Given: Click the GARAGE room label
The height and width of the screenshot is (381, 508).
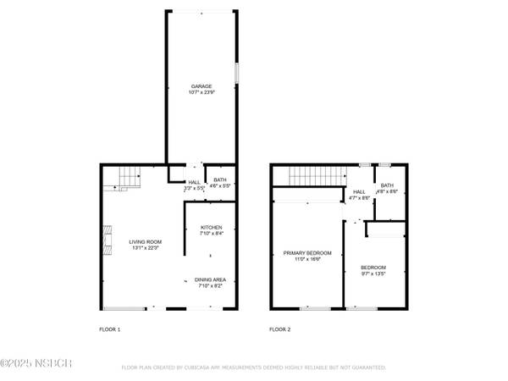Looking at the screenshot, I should click(x=201, y=86).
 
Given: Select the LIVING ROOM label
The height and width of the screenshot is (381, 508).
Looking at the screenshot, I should click(x=145, y=242).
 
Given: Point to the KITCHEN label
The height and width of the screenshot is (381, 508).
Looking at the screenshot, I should click(x=211, y=228).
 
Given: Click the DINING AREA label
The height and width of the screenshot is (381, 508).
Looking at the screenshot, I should click(x=211, y=279).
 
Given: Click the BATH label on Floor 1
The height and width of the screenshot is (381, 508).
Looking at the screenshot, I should click(x=219, y=179).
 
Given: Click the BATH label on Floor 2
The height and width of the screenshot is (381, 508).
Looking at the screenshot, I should click(x=387, y=185).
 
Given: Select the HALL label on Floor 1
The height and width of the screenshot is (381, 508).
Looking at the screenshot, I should click(x=194, y=182).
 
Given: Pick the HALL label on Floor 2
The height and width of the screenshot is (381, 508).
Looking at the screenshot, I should click(x=359, y=192).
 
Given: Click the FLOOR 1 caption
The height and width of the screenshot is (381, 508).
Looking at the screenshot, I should click(x=110, y=329).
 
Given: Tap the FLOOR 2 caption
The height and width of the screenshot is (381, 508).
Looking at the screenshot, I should click(x=280, y=329).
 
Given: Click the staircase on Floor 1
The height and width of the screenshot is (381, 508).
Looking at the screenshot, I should click(x=126, y=179).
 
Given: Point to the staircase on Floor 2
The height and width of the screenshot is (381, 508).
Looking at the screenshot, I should click(x=313, y=176).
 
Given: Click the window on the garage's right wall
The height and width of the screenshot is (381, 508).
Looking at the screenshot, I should click(x=236, y=73).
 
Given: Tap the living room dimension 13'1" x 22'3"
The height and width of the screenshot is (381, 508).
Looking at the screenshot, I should click(x=145, y=248).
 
